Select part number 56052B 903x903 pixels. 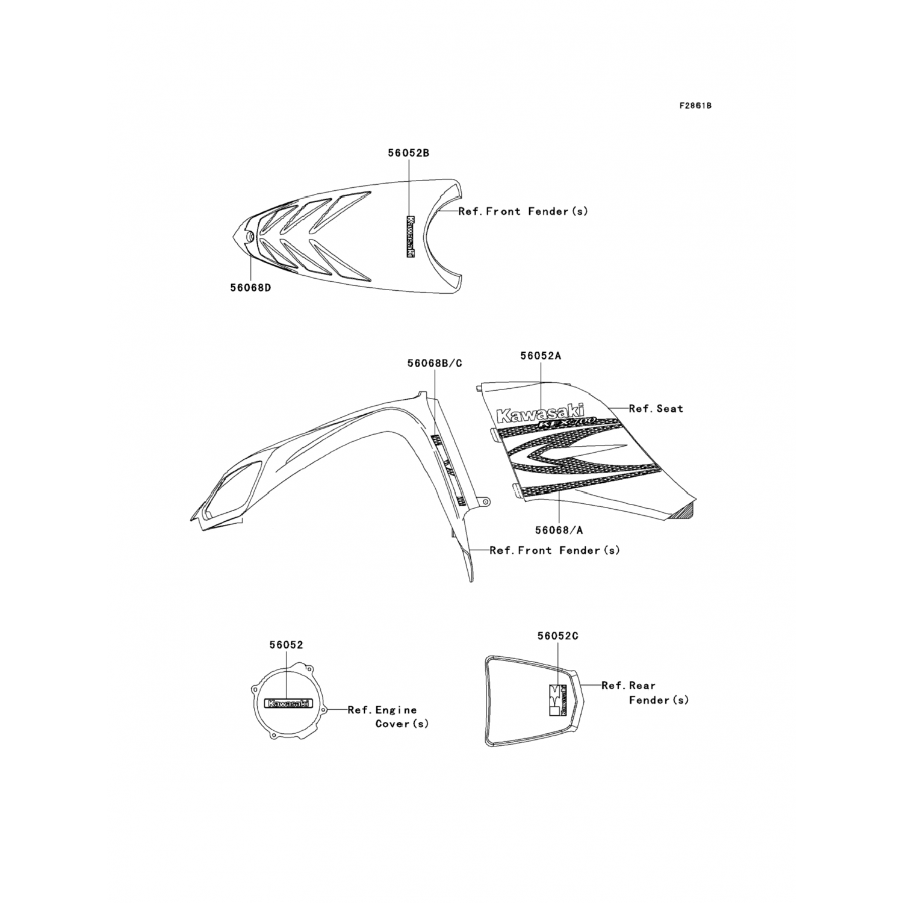coord(408,154)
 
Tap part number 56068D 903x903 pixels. coord(250,288)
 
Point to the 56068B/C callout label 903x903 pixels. coord(435,363)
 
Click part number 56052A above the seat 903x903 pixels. coord(541,356)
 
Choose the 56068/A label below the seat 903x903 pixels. coord(559,530)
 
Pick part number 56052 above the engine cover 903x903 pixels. coord(286,645)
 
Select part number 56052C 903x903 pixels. coord(558,636)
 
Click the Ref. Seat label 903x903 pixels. coord(656,409)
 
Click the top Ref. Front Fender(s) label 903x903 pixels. coord(523,211)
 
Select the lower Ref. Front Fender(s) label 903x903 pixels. coord(554,550)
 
